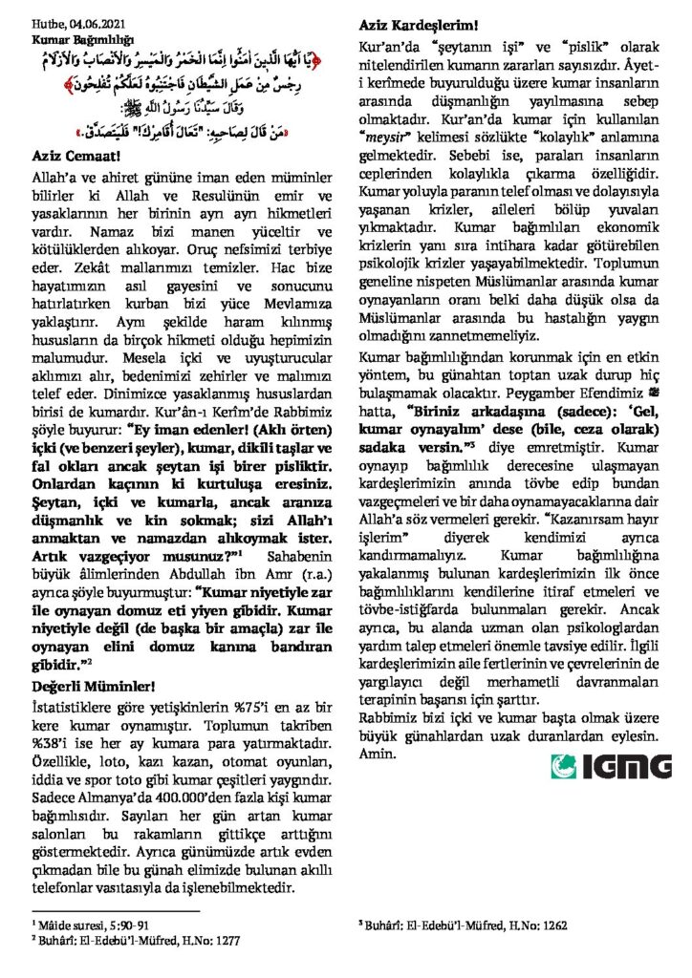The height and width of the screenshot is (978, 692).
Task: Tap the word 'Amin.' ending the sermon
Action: pyautogui.click(x=377, y=755)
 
